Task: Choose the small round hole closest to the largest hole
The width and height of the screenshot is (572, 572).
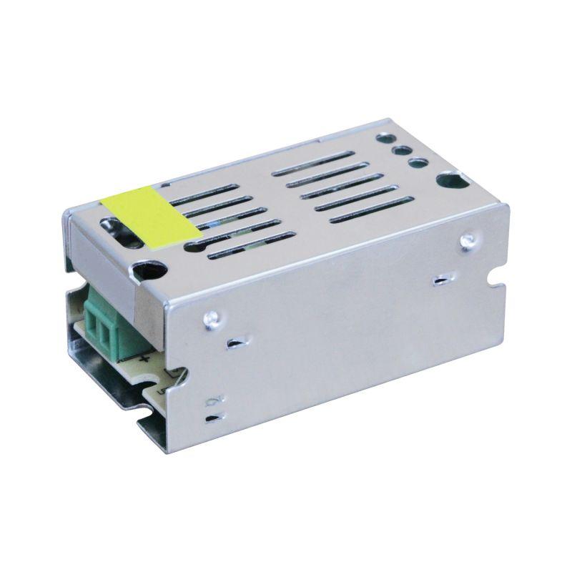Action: point(414,164)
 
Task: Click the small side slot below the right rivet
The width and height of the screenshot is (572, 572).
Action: point(440,281)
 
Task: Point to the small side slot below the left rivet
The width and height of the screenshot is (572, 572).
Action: point(234,345)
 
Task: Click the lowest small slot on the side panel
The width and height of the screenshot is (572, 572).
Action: point(212,418)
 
